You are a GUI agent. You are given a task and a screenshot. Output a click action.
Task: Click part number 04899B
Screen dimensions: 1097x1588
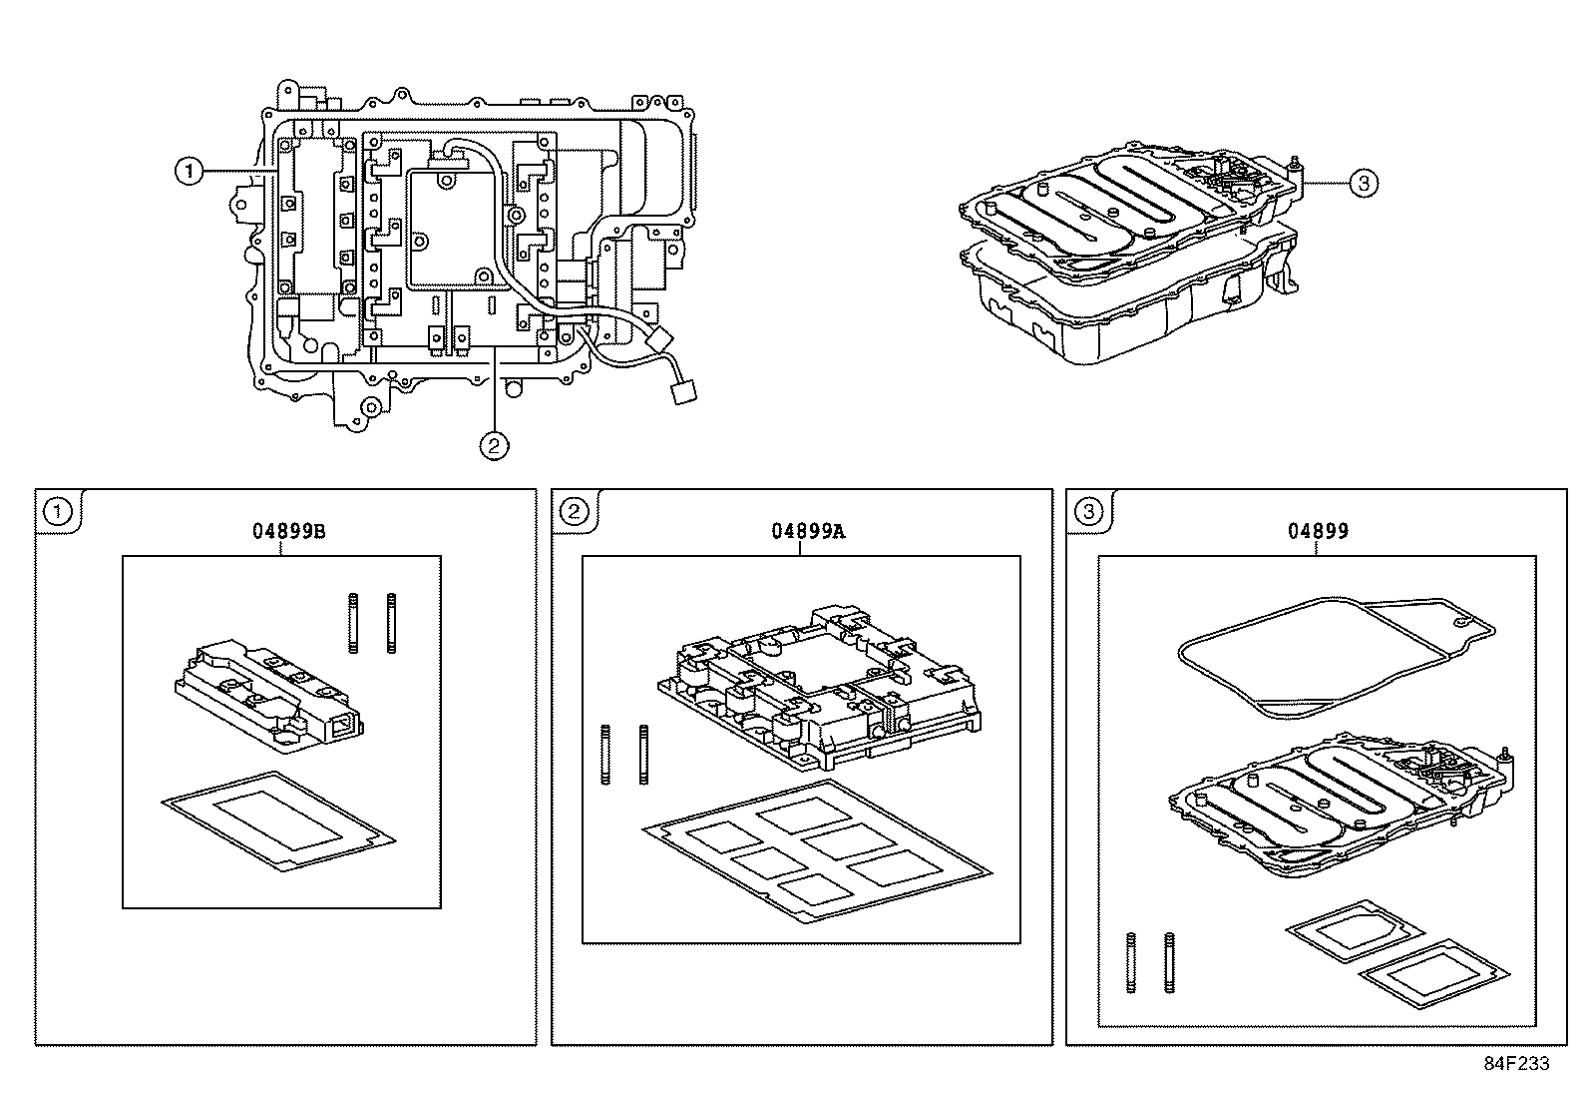pos(288,531)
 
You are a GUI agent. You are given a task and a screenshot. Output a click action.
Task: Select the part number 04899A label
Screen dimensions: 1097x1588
pos(807,531)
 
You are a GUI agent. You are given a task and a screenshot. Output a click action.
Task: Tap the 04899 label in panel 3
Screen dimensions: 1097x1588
pos(1317,531)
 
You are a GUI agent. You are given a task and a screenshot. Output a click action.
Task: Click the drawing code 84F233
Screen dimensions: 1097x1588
pos(1515,1064)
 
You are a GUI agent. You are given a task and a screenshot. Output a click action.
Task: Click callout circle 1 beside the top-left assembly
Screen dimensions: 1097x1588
pos(188,172)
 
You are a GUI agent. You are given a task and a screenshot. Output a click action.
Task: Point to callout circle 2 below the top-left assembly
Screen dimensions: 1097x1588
pos(494,445)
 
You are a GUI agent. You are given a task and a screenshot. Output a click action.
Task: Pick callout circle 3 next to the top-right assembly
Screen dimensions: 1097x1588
pos(1364,183)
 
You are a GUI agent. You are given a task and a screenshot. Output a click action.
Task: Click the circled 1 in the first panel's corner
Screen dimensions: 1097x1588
pos(59,512)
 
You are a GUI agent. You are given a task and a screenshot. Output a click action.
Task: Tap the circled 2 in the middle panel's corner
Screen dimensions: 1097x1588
pos(575,512)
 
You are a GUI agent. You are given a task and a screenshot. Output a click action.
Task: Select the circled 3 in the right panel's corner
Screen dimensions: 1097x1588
pos(1089,512)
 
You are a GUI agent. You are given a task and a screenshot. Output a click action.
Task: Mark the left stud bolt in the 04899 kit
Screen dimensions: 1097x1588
pos(1131,962)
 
